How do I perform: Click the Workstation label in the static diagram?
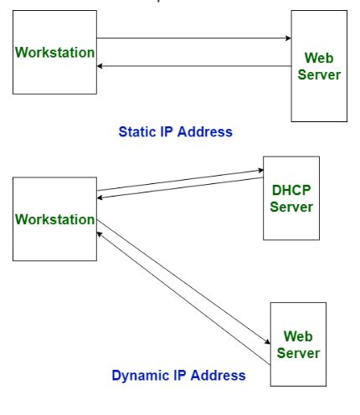pyautogui.click(x=54, y=53)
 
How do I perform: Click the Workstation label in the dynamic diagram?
pyautogui.click(x=54, y=219)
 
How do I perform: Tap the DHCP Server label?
pyautogui.click(x=291, y=198)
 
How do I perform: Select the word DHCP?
pyautogui.click(x=291, y=190)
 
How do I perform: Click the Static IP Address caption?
pyautogui.click(x=175, y=131)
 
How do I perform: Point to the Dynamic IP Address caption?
pyautogui.click(x=178, y=375)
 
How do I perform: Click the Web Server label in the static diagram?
pyautogui.click(x=319, y=66)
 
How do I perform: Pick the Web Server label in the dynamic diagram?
pyautogui.click(x=298, y=345)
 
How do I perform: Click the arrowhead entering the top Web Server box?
pyautogui.click(x=288, y=38)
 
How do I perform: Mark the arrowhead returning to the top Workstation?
pyautogui.click(x=100, y=66)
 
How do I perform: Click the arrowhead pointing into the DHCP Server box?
pyautogui.click(x=260, y=170)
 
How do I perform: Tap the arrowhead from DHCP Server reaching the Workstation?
pyautogui.click(x=100, y=197)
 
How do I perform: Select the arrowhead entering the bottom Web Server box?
pyautogui.click(x=268, y=341)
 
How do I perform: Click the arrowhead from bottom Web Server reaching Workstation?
pyautogui.click(x=100, y=234)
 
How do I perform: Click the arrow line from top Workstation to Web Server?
pyautogui.click(x=194, y=38)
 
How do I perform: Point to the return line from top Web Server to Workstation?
pyautogui.click(x=194, y=66)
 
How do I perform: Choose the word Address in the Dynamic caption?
pyautogui.click(x=219, y=375)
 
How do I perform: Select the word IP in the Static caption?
pyautogui.click(x=167, y=131)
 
